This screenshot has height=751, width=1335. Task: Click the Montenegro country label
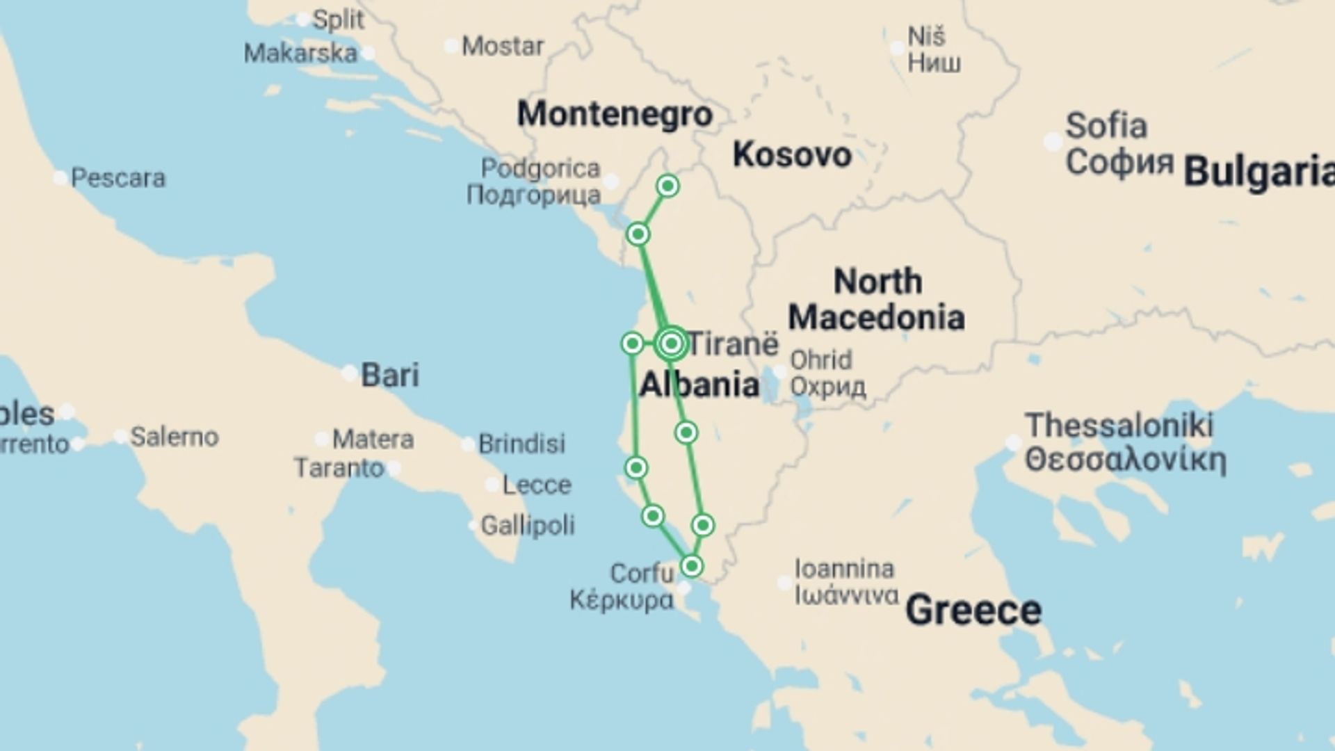click(x=615, y=113)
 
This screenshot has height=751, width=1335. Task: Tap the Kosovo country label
click(x=792, y=154)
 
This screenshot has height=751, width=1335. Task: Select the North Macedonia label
click(x=876, y=299)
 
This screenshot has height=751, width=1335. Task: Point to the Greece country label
click(x=973, y=610)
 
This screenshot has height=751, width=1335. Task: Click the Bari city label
click(x=390, y=375)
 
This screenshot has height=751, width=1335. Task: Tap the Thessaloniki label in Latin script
click(x=1119, y=425)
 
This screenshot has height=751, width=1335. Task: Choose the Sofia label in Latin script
click(x=1106, y=126)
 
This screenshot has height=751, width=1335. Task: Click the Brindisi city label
click(x=521, y=444)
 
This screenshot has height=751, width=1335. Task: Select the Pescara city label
click(x=118, y=178)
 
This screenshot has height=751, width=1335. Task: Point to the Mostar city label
click(x=503, y=47)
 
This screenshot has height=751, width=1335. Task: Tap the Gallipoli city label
click(x=528, y=525)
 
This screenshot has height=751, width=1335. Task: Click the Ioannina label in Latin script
click(x=844, y=569)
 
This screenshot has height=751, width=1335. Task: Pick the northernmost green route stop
click(x=667, y=186)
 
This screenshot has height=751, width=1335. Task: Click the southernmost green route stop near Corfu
click(x=691, y=566)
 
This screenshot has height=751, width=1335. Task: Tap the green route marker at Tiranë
click(x=671, y=343)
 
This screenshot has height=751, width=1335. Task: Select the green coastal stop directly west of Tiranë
click(x=632, y=343)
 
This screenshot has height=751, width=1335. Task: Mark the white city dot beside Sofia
click(x=1053, y=142)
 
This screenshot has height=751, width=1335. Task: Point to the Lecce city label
click(x=537, y=485)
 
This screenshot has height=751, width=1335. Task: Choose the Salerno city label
click(x=175, y=437)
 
